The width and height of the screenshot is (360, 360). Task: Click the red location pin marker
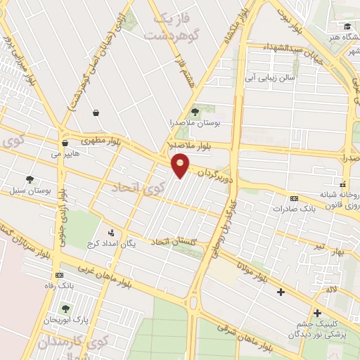tap(181, 165)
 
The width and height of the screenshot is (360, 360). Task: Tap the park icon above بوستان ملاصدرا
tap(195, 111)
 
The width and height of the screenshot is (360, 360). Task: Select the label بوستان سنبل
tap(26, 191)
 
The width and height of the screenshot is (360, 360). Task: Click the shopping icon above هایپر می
tap(64, 142)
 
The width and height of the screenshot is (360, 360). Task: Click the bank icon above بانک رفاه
tap(59, 274)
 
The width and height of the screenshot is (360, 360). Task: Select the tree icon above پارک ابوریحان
tap(65, 308)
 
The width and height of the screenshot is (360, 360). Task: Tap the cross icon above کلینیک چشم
tap(317, 313)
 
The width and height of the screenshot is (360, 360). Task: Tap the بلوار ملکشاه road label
tap(236, 28)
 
